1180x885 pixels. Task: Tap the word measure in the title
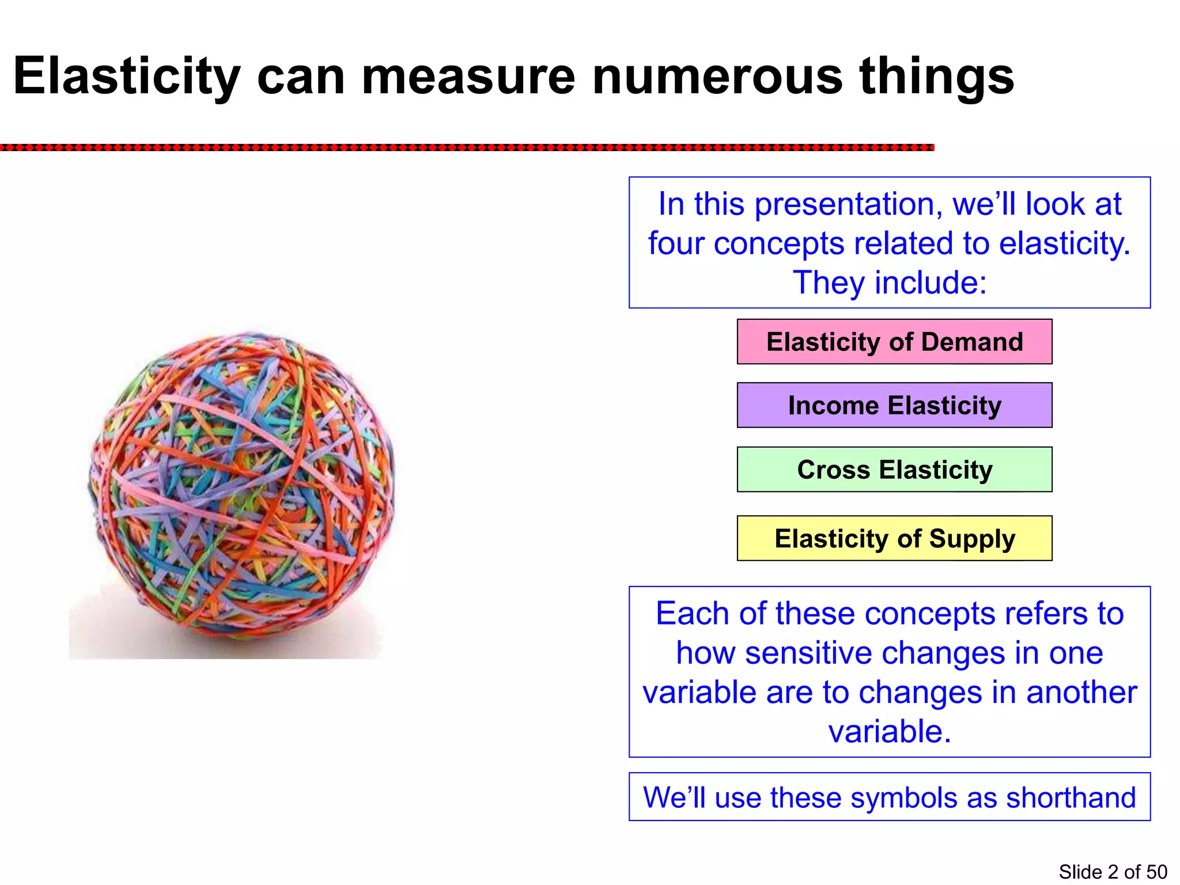click(x=468, y=77)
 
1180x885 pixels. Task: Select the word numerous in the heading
click(x=717, y=77)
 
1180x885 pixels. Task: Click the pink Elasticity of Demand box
click(x=894, y=342)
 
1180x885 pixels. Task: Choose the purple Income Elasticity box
click(x=894, y=405)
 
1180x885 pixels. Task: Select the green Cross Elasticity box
click(x=894, y=469)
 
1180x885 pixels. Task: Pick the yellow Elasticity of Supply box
click(x=894, y=538)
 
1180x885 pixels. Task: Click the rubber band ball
click(x=242, y=487)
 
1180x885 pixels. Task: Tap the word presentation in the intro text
click(x=846, y=205)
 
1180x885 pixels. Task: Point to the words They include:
click(x=890, y=282)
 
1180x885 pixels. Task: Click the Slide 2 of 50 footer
click(x=1113, y=872)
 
